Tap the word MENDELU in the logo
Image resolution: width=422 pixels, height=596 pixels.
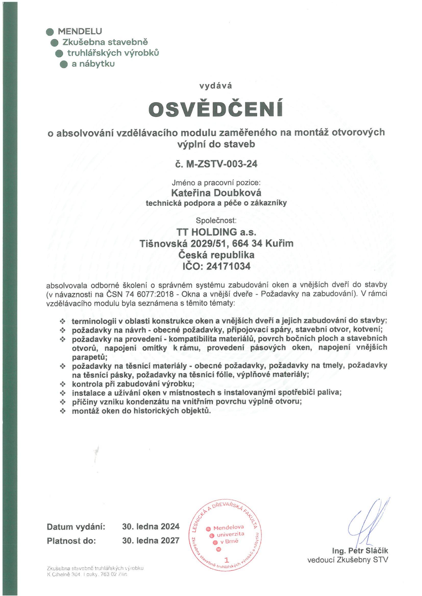[80, 31]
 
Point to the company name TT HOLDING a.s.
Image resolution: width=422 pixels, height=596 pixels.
[216, 231]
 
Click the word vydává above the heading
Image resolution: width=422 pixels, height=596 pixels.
[216, 86]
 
